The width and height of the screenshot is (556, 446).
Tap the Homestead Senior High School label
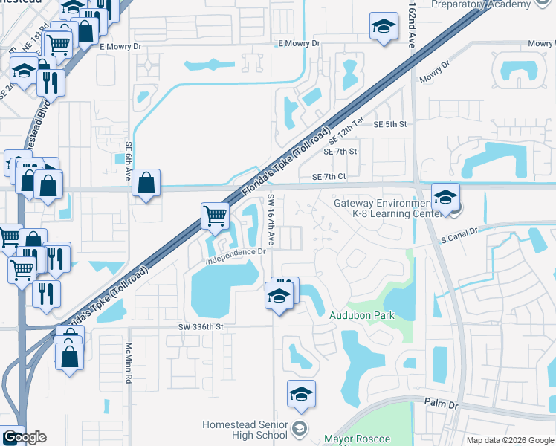[245, 430]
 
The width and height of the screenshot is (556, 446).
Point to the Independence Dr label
[236, 252]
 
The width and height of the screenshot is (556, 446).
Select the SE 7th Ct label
[330, 176]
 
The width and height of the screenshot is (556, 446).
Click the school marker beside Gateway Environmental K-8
[445, 198]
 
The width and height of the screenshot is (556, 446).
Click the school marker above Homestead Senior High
[301, 395]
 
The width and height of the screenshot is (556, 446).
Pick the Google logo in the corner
[24, 437]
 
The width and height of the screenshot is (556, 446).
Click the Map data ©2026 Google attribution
[510, 440]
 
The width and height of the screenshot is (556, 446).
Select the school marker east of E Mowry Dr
[384, 28]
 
